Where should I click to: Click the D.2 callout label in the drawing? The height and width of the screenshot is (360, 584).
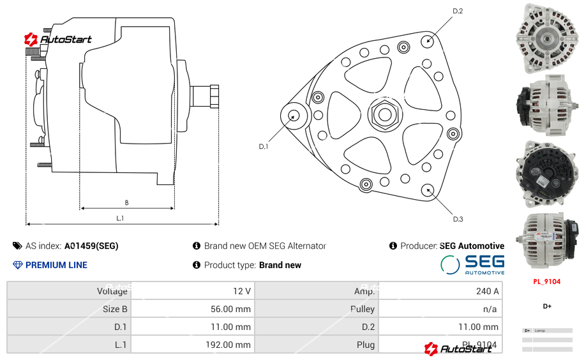458,11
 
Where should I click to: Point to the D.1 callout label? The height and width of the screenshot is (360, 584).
263,146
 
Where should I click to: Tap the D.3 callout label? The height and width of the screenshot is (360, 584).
458,219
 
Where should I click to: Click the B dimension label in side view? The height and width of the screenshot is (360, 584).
126,203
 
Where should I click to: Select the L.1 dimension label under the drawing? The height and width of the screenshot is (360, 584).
120,218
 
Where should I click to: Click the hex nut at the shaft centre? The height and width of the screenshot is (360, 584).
384,115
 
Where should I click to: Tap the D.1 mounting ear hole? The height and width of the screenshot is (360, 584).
294,116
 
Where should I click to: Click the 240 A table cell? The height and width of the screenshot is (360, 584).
488,291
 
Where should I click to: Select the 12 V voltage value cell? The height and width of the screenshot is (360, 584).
241,291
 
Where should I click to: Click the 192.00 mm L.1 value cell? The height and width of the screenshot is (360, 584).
232,345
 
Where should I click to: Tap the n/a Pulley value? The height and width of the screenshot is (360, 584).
490,309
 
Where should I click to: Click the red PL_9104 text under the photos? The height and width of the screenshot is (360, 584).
547,281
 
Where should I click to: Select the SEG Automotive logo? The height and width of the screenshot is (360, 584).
472,264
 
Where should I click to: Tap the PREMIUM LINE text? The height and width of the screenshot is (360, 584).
56,265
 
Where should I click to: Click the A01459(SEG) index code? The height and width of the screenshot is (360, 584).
91,246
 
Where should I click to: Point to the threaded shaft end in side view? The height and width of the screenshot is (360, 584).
206,96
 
